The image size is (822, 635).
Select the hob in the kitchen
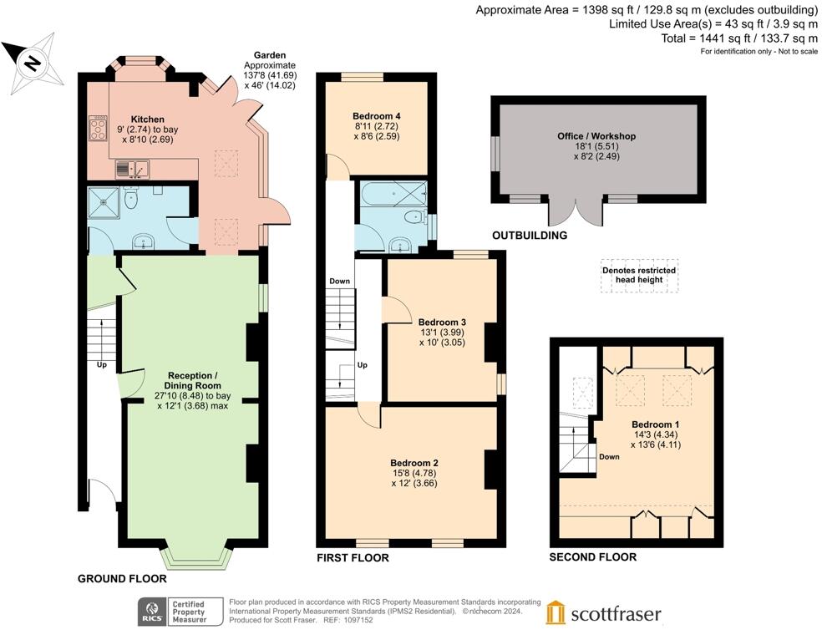click(x=97, y=130)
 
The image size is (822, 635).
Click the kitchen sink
click(x=134, y=170)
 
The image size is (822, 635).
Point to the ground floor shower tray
click(x=104, y=201)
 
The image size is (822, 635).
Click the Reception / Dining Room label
click(x=193, y=380)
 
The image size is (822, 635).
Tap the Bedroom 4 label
click(x=377, y=115)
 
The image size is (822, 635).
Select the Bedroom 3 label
click(x=442, y=322)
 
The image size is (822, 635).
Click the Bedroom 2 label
click(x=414, y=463)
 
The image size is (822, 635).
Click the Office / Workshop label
click(x=596, y=136)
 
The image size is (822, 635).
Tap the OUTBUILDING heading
click(x=529, y=236)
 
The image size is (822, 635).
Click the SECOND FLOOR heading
click(x=592, y=557)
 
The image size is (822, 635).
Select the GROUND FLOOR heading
click(x=122, y=578)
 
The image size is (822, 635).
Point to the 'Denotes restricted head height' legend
click(x=639, y=275)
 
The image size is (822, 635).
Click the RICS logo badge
click(x=153, y=612)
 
